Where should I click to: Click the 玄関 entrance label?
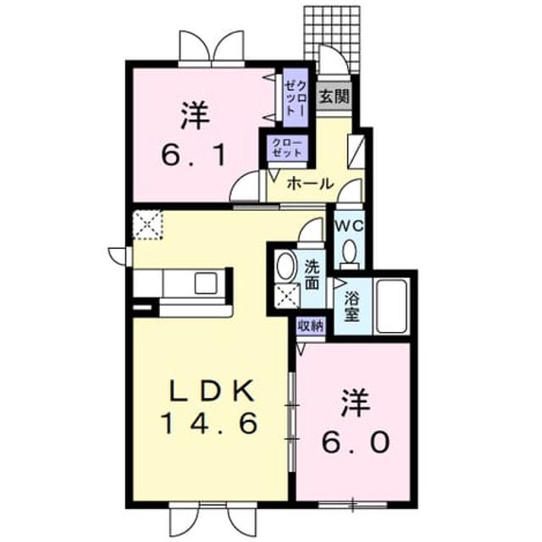tap(334, 97)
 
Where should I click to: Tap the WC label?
tap(349, 226)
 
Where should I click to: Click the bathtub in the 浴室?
tap(391, 306)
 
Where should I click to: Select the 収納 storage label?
tap(311, 326)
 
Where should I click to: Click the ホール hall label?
tap(310, 184)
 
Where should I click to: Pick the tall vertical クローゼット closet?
tap(296, 98)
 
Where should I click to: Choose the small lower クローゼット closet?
tap(286, 147)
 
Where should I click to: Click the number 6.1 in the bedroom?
tap(195, 154)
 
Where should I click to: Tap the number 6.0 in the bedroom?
tap(356, 441)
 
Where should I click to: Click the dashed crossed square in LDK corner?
tap(147, 224)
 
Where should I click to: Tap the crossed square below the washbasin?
tap(288, 295)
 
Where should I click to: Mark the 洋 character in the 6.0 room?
tap(357, 403)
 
